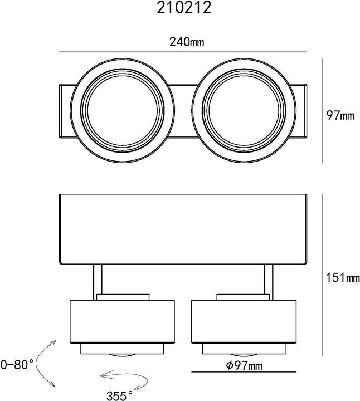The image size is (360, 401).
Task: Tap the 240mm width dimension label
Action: pos(184,42)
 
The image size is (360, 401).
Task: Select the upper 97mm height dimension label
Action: pos(340,116)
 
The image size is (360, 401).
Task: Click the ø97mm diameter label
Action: pos(245,365)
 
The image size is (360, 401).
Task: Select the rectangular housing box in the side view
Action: pos(184,228)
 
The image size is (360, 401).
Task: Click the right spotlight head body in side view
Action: pos(245,322)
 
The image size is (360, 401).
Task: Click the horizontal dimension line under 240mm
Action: pos(184,52)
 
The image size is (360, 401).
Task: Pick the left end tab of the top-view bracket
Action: pos(65,110)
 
